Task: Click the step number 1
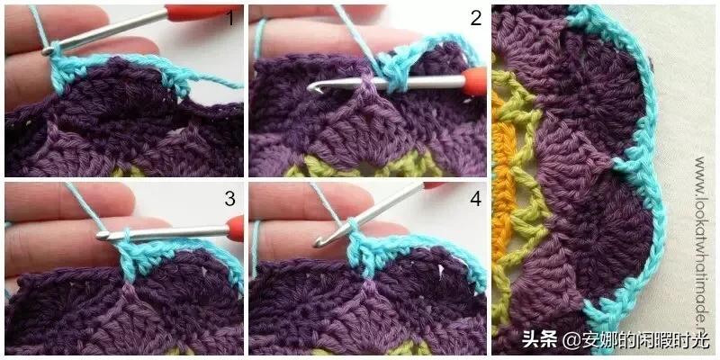[232, 19]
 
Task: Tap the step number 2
[476, 19]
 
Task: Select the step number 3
[229, 198]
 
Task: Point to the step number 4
[476, 198]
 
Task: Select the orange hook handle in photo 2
[475, 81]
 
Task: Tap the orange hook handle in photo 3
[236, 229]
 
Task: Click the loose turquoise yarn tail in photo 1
[216, 82]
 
